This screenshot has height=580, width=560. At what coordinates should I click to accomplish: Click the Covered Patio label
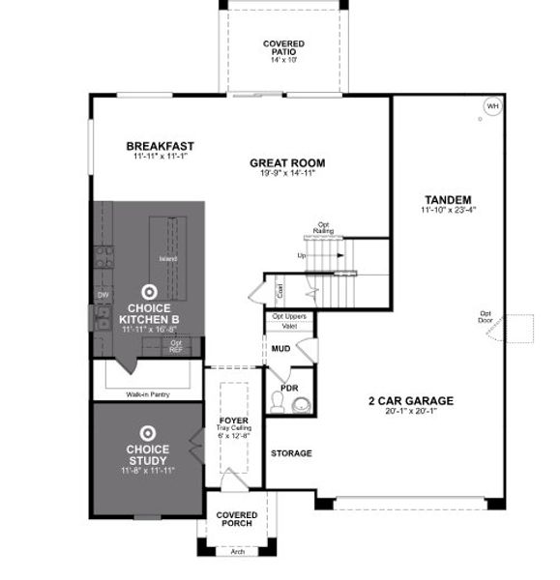tap(283, 47)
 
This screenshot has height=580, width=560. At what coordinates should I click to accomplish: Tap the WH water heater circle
tap(492, 106)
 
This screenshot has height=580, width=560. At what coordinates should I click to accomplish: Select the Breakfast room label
tap(161, 147)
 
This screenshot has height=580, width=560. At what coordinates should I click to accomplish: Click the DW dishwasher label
tap(103, 295)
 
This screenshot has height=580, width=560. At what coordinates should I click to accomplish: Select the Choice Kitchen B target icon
tap(148, 290)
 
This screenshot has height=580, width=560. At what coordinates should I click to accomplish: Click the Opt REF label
tap(176, 346)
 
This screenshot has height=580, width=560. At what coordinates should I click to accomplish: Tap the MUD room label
tap(281, 347)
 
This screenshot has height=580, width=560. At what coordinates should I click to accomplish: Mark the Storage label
tap(290, 452)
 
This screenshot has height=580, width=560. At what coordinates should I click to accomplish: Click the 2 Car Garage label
tap(410, 400)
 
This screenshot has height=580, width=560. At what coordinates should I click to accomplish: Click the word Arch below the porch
tap(237, 552)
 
